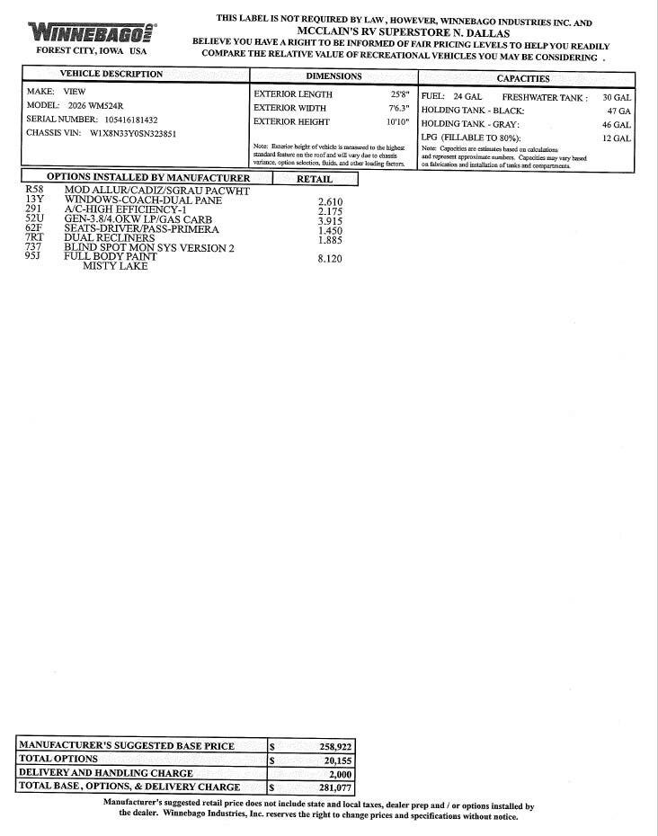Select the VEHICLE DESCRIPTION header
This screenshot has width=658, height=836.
[111, 75]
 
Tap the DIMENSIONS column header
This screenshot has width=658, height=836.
[333, 76]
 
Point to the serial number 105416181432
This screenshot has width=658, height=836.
[117, 120]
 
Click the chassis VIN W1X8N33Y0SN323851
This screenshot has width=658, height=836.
[133, 134]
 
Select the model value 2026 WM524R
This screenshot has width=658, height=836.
[96, 105]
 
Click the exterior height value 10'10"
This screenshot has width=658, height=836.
[396, 122]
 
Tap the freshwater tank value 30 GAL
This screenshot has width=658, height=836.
[617, 97]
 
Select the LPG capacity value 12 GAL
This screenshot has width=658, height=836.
[617, 138]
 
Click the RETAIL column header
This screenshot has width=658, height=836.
[314, 179]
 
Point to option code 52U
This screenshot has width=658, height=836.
[35, 218]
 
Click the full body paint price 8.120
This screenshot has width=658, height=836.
[330, 259]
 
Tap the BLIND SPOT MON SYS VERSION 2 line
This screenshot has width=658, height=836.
[149, 247]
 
